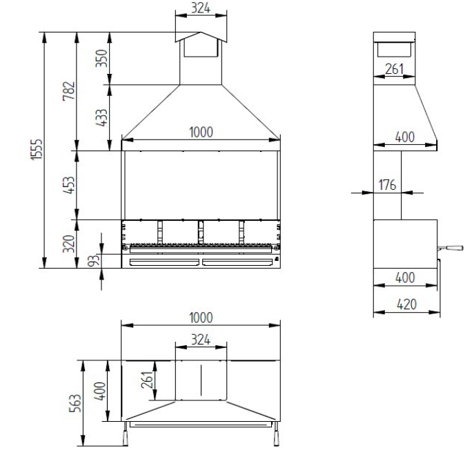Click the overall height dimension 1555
pos(37,149)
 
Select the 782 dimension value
pos(69,90)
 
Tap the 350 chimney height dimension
pos(101,58)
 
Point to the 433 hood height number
pos(101,117)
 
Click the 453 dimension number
pos(68,185)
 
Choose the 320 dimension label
pos(68,244)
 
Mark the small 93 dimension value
pos(94,261)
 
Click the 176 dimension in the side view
pos(387,185)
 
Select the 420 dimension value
pos(407,304)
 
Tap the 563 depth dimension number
pos(75,403)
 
